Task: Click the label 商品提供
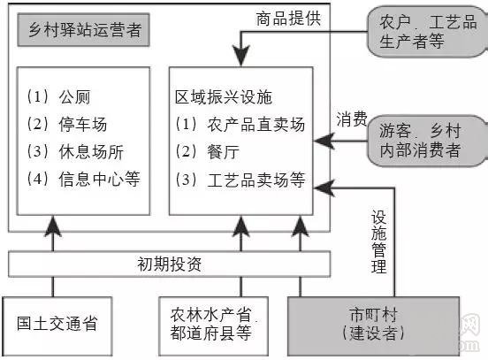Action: pyautogui.click(x=288, y=17)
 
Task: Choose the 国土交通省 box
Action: pyautogui.click(x=57, y=323)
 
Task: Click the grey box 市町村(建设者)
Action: pyautogui.click(x=375, y=323)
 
